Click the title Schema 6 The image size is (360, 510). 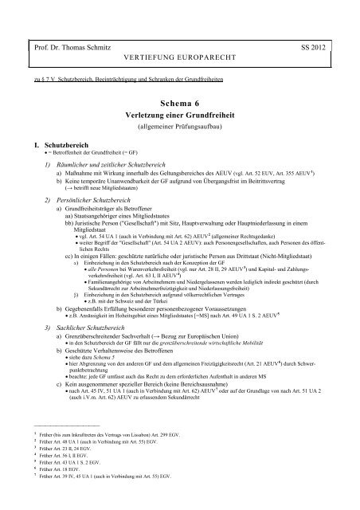(x=179, y=104)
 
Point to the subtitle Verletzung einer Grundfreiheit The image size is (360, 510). (x=179, y=116)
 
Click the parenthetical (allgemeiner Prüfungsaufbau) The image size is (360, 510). (x=179, y=127)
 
